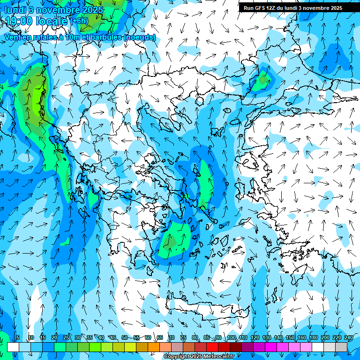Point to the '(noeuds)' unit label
tap(140, 37)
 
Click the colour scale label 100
tap(232, 338)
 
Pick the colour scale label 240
tap(348, 338)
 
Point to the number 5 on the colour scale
tap(18, 338)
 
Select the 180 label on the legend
tap(313, 338)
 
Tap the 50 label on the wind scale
tap(125, 338)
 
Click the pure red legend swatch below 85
tap(212, 347)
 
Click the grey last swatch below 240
tap(341, 347)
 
